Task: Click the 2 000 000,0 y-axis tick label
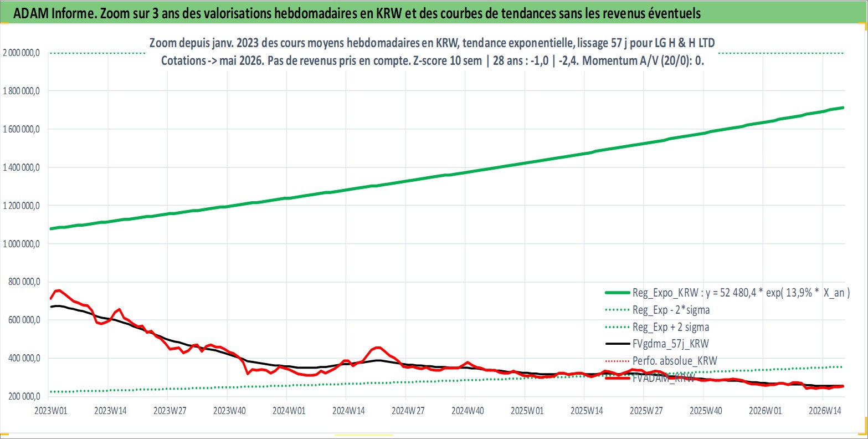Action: [x=21, y=53]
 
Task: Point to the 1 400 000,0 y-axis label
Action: [x=21, y=167]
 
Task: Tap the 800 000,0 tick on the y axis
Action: [x=24, y=282]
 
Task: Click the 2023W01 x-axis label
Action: [x=51, y=411]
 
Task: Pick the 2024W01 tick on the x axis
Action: [x=289, y=411]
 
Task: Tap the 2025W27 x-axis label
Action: [x=646, y=411]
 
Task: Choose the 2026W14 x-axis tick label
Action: [x=825, y=411]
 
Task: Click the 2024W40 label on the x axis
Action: [x=468, y=411]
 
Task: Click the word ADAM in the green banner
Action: [x=30, y=13]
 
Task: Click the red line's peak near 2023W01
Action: [x=58, y=290]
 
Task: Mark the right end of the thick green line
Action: [x=843, y=108]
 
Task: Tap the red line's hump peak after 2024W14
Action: [x=378, y=348]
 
